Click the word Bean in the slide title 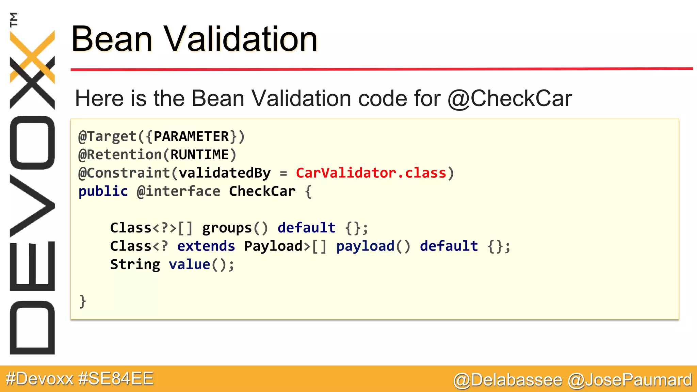[x=112, y=39]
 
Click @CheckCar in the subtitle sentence [x=509, y=99]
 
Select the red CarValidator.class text [x=371, y=173]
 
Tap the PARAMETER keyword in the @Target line [x=191, y=136]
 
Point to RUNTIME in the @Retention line [x=199, y=155]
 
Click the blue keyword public [x=103, y=191]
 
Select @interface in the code [x=178, y=191]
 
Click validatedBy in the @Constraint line [x=225, y=173]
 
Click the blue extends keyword [x=206, y=246]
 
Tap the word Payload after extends [x=273, y=246]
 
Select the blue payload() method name [x=373, y=246]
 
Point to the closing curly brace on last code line [x=82, y=301]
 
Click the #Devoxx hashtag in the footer [x=40, y=379]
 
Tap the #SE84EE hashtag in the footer [x=116, y=379]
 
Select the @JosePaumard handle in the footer [x=630, y=380]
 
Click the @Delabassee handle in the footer [x=508, y=380]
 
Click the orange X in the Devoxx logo [x=32, y=56]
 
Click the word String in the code [x=135, y=264]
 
